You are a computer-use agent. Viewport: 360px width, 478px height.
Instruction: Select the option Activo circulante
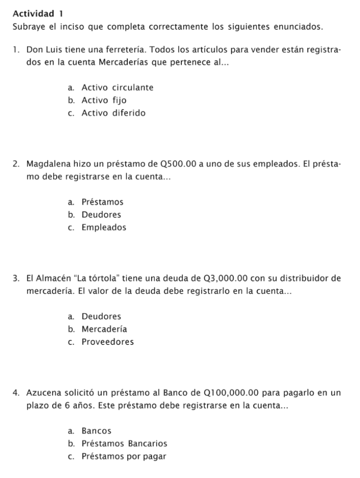117,87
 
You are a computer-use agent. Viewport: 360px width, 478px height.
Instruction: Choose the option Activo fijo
104,100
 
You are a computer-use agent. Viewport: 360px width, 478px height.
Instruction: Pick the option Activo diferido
113,113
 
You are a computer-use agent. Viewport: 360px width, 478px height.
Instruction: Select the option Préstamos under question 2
102,202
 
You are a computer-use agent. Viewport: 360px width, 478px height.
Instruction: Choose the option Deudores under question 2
101,215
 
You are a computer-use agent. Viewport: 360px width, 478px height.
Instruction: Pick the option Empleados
104,228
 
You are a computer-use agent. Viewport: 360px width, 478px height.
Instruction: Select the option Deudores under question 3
101,316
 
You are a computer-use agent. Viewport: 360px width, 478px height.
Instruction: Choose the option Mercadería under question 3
104,329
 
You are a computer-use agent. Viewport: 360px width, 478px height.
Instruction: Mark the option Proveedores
107,342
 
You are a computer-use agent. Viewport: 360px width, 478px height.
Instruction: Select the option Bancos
97,431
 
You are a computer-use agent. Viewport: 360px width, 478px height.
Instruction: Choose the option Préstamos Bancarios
124,443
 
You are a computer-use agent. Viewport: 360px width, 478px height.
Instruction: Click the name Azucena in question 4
43,394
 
